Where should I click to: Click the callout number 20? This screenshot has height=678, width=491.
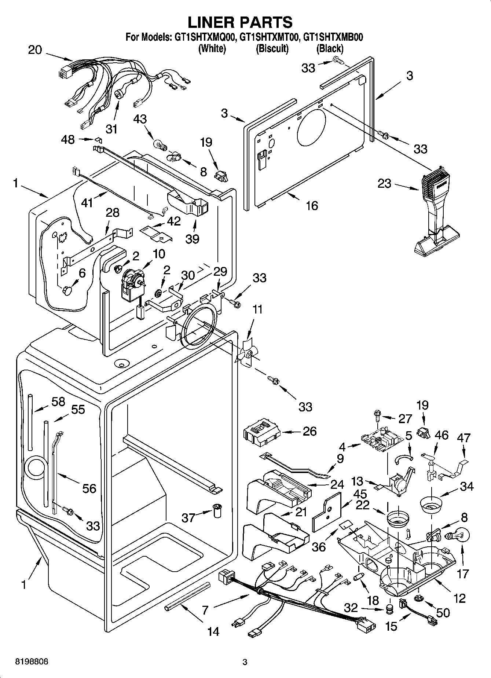[35, 50]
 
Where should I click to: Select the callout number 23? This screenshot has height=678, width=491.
[385, 183]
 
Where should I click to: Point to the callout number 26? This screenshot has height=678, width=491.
[309, 431]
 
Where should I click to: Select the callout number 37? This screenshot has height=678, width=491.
[189, 517]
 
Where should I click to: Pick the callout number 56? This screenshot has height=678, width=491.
[89, 488]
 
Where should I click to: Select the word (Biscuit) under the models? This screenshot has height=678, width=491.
[272, 48]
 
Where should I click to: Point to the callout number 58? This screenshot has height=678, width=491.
[58, 402]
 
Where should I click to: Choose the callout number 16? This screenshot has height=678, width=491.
[312, 205]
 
